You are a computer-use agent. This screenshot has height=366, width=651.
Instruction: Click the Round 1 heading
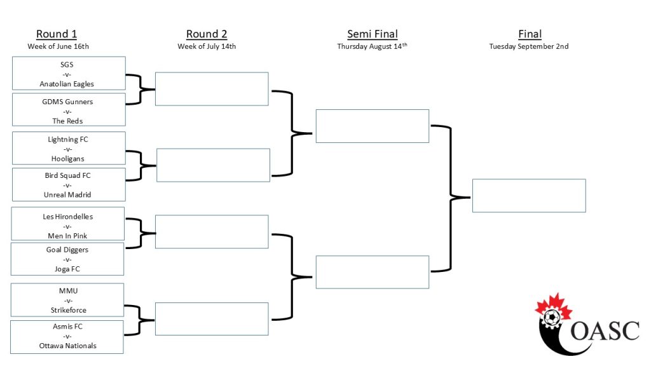pos(57,34)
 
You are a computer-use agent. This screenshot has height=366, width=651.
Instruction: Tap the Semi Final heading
pos(373,34)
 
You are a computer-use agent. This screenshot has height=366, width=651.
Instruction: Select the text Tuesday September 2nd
pos(528,46)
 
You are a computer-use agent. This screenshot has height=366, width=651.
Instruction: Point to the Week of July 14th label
pos(207,46)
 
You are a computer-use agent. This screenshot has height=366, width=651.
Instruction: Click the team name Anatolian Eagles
pos(67,84)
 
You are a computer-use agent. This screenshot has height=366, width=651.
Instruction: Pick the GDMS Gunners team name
pos(67,102)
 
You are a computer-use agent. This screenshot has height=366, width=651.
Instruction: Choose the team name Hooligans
pos(67,158)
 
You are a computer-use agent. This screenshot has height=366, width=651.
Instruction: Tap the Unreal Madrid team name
pos(67,194)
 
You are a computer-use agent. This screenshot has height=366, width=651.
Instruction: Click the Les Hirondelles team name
pos(67,217)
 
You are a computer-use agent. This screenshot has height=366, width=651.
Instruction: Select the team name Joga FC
pos(67,269)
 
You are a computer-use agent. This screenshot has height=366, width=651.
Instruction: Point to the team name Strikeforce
pos(69,310)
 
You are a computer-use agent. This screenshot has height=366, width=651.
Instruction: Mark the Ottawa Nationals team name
pos(67,346)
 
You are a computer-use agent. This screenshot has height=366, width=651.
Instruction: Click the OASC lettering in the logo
pos(605,330)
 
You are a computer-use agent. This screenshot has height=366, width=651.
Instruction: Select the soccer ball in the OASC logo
pos(552,318)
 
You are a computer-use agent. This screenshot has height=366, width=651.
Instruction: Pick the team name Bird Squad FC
pos(67,175)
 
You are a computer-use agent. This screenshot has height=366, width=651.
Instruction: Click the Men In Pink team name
pos(67,236)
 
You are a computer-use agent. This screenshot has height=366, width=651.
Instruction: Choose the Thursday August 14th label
pos(372,46)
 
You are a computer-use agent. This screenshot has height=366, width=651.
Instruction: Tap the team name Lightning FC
pos(67,139)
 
